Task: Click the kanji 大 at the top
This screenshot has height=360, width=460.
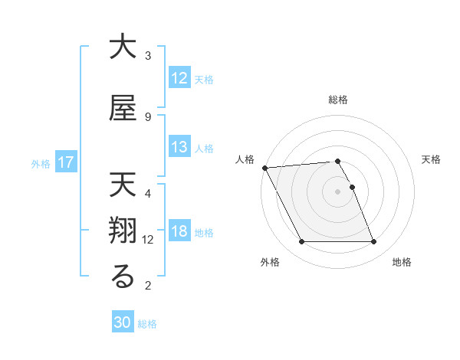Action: pos(123,47)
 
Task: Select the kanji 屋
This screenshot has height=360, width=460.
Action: pos(123,109)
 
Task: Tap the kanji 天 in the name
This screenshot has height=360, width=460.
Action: pos(123,185)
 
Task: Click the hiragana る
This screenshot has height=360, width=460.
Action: pos(123,278)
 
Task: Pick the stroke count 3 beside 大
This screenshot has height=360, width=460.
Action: pos(148,56)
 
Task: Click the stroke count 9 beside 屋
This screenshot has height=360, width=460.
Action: pos(148,116)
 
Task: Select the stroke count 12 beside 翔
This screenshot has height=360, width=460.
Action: pos(149,240)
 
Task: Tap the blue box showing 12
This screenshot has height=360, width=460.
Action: pos(179,78)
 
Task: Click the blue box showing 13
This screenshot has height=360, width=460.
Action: pos(179,147)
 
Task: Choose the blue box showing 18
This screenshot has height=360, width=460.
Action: pos(179,232)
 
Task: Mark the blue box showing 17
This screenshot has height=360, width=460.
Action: pos(65,162)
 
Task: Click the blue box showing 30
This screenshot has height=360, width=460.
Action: pos(123,322)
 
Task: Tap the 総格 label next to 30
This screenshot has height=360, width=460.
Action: pos(148,324)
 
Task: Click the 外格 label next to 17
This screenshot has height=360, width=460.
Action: pos(41,163)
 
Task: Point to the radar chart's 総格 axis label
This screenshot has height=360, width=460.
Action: pos(337,100)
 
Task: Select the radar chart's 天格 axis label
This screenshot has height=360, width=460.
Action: pos(432,159)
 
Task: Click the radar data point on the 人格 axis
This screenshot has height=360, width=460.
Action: pos(265,168)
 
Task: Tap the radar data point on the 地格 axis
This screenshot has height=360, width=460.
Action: pos(373,242)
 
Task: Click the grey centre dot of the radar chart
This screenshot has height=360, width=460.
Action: pos(337,191)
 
